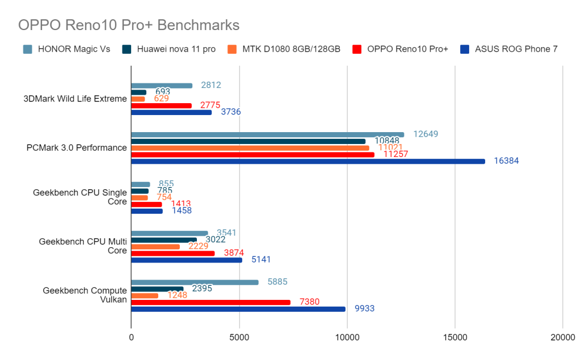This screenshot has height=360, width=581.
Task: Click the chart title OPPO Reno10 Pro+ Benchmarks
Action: tap(129, 25)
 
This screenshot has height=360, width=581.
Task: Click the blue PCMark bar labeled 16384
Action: tap(308, 161)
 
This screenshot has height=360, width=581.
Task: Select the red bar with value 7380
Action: tap(210, 302)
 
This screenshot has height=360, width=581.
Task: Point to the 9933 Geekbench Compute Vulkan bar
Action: tap(238, 309)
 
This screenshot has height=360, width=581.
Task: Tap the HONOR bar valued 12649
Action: tap(267, 134)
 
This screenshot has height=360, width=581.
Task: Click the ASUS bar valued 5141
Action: tap(187, 260)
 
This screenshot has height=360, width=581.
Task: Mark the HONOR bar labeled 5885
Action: tap(195, 282)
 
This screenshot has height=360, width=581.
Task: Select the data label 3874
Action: tap(233, 253)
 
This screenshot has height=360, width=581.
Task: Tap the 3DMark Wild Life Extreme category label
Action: tap(75, 99)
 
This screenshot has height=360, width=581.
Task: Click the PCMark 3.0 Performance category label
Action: tap(77, 147)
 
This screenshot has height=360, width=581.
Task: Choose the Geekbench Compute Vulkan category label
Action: tap(85, 295)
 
